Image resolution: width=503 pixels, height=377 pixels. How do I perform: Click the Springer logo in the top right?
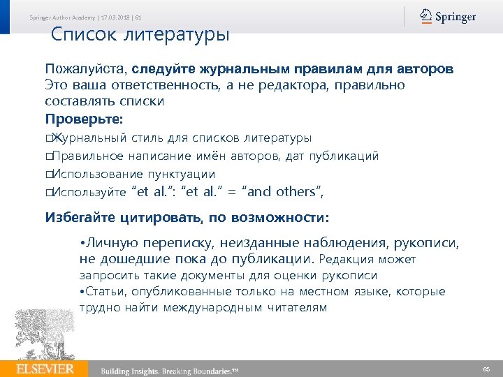pyautogui.click(x=448, y=17)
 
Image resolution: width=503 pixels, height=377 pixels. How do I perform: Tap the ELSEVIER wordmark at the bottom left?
pyautogui.click(x=46, y=368)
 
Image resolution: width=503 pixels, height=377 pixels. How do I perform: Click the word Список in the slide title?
pyautogui.click(x=83, y=34)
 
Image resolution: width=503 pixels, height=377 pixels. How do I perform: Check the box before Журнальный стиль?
pyautogui.click(x=49, y=138)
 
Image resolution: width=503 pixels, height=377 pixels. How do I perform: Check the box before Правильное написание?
pyautogui.click(x=49, y=156)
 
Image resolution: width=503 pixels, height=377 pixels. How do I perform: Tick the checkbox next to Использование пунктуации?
pyautogui.click(x=49, y=175)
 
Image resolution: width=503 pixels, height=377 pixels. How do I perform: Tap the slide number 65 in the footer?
pyautogui.click(x=486, y=368)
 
